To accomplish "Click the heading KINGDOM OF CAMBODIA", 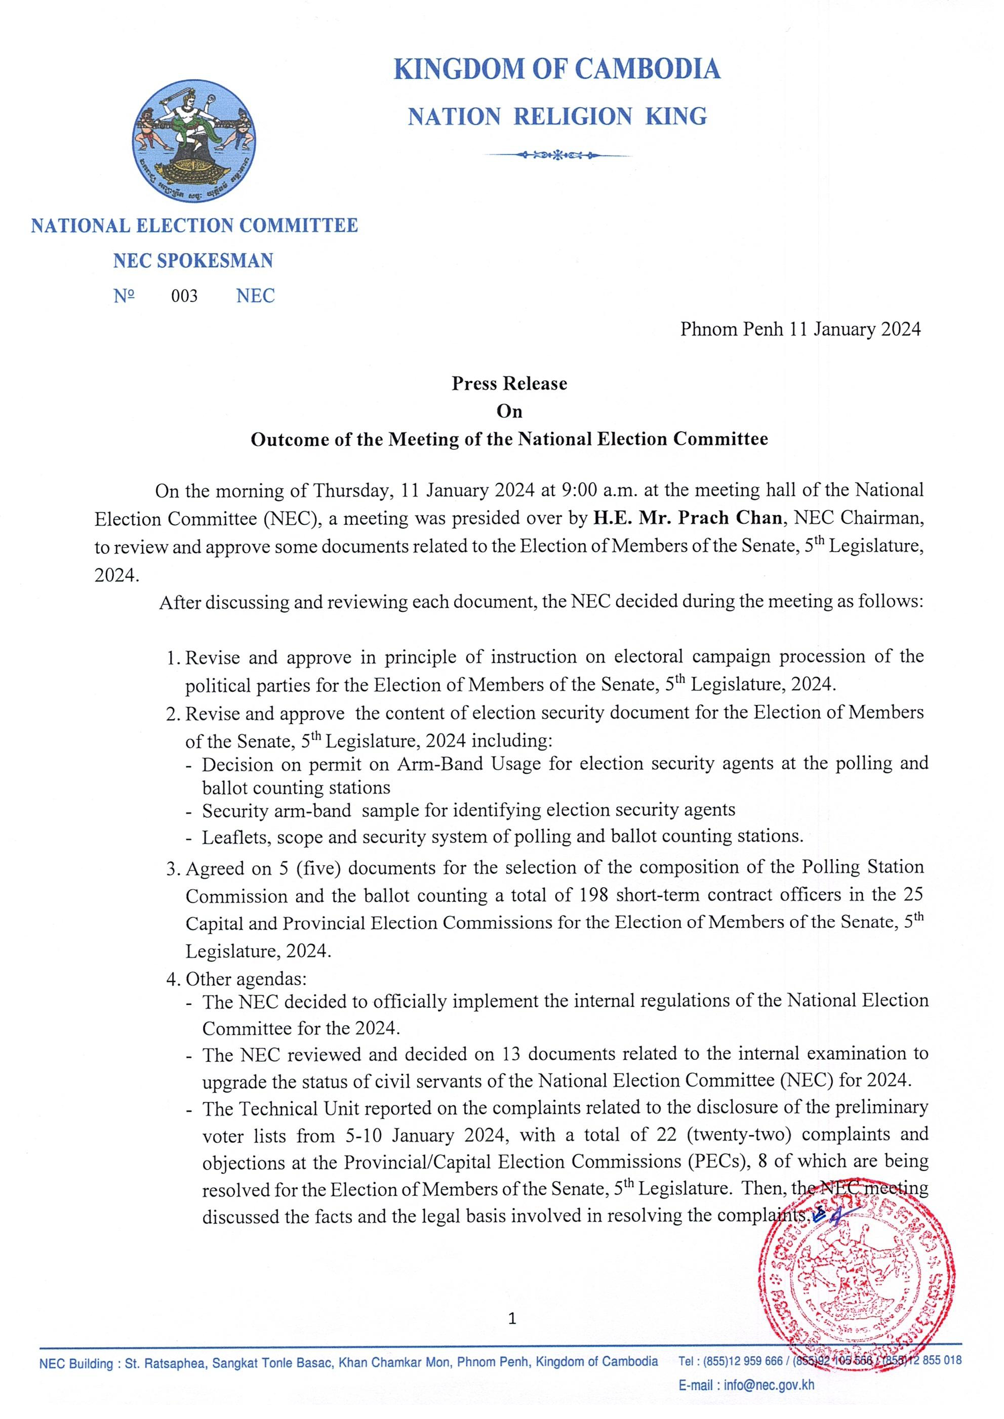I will click(557, 69).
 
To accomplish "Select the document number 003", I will click(184, 296).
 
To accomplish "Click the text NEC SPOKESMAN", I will click(193, 261).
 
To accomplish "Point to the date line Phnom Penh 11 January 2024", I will click(800, 329).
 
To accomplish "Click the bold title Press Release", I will click(509, 384).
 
